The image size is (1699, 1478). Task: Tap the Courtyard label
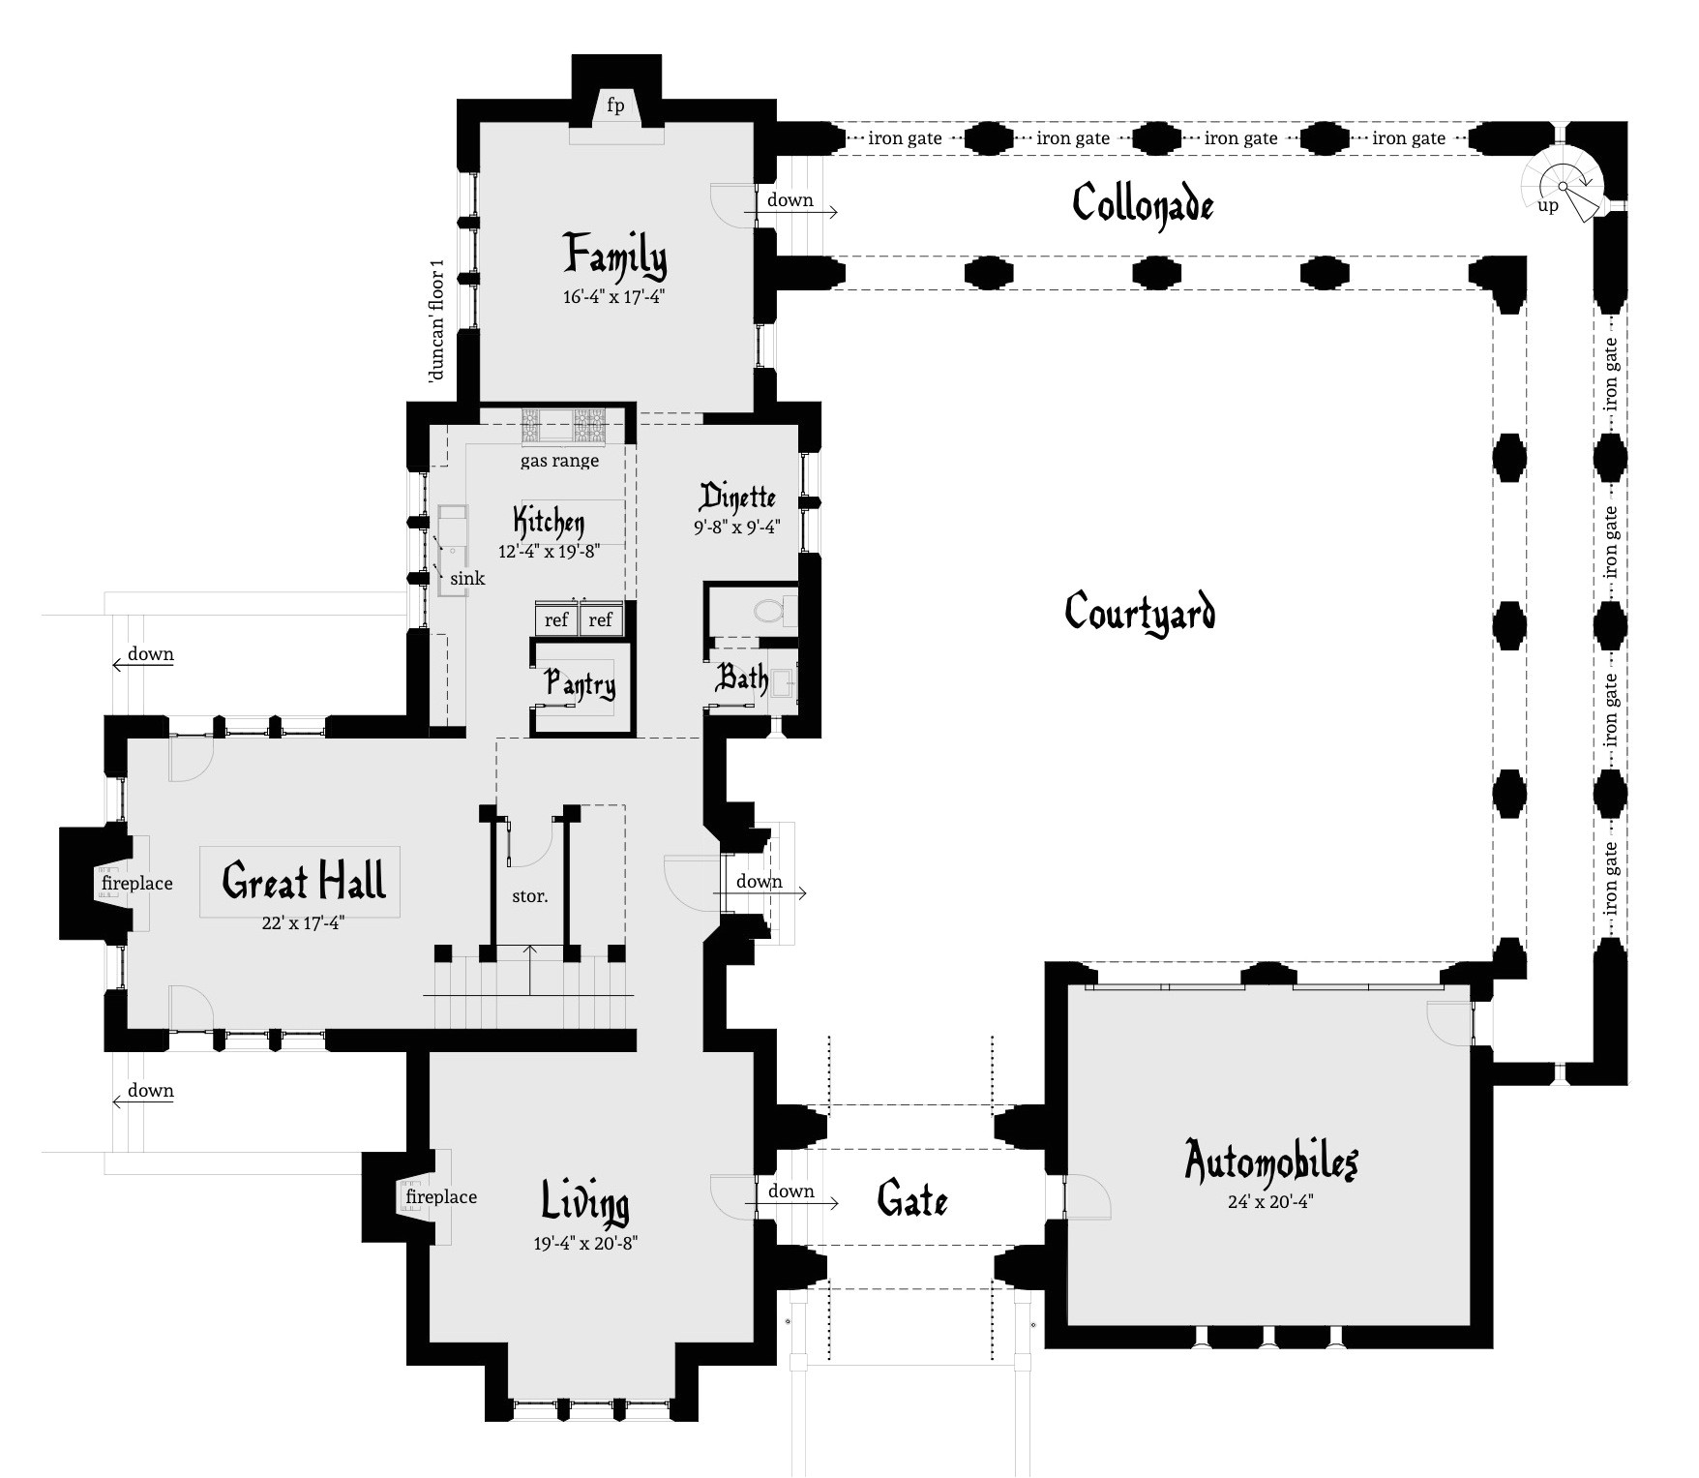(1140, 613)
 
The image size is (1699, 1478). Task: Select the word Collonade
(1143, 204)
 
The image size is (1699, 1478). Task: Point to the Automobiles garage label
(1271, 1161)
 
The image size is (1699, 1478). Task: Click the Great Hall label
(304, 881)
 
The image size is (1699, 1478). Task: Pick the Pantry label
(580, 684)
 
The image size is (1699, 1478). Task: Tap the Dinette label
(737, 498)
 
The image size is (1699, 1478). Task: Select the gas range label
(559, 461)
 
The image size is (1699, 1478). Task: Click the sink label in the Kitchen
(467, 578)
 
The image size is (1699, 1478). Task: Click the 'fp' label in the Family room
(615, 105)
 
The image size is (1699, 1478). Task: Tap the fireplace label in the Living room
(441, 1197)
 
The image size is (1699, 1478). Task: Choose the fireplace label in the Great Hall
(137, 883)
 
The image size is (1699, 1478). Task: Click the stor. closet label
(529, 896)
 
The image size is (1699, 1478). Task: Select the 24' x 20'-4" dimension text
(1270, 1202)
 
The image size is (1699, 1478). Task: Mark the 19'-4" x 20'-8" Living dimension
(585, 1244)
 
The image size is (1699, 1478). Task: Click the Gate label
(911, 1200)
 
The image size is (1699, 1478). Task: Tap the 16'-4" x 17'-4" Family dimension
(614, 298)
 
